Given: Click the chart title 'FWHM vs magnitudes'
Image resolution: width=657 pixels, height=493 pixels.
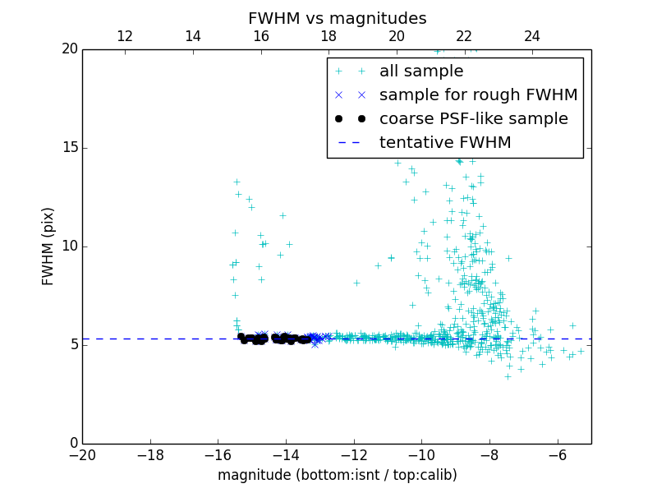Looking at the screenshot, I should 337,18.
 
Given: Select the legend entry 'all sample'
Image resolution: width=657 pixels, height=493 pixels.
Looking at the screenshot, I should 420,71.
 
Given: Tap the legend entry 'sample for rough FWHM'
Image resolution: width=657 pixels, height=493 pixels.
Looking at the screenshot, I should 478,95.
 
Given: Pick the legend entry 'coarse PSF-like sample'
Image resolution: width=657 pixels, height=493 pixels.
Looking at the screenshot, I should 473,119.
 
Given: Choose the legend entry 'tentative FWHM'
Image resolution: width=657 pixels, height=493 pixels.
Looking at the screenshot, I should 444,143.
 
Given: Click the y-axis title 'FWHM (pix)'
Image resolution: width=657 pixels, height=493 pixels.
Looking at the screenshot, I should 48,246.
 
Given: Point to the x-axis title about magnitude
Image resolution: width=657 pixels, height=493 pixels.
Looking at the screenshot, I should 337,475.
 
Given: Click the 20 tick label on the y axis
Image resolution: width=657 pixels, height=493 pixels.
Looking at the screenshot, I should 69,49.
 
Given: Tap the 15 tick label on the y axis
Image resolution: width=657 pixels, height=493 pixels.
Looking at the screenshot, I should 69,148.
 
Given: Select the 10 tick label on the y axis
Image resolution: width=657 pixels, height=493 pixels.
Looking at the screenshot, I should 69,246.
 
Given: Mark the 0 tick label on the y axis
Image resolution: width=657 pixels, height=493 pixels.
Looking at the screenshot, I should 73,444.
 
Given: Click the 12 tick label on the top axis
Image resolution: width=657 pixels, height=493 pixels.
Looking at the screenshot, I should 125,36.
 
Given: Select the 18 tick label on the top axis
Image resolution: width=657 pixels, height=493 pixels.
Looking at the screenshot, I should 328,36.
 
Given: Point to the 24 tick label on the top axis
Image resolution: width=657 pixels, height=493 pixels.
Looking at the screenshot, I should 532,36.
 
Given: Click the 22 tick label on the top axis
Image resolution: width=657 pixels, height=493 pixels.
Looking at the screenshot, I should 464,36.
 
